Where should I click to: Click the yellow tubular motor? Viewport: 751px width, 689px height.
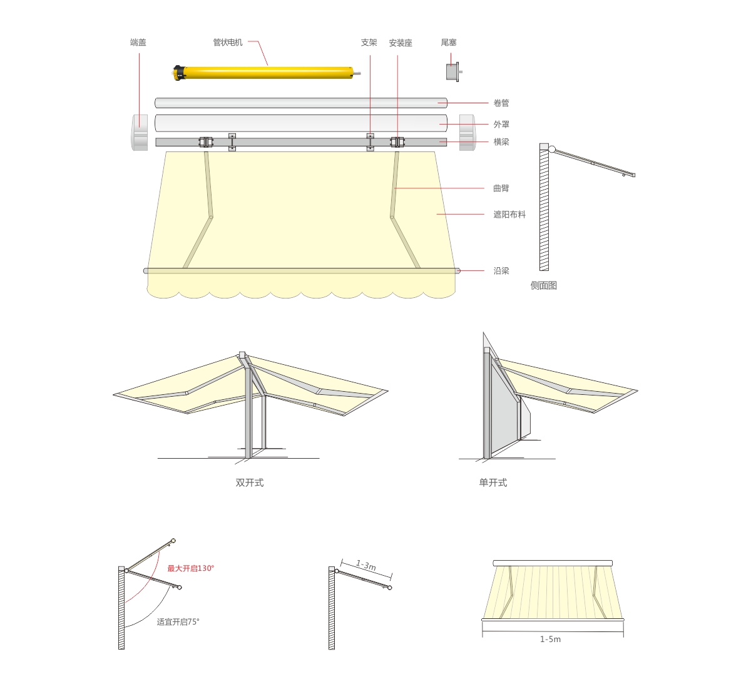pos(267,73)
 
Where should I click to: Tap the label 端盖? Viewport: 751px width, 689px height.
pos(138,43)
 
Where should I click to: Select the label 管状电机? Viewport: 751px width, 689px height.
pos(228,43)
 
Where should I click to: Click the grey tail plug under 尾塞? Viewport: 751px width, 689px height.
pos(453,72)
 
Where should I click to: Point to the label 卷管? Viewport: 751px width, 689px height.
pos(501,103)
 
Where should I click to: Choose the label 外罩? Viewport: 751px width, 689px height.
pos(501,124)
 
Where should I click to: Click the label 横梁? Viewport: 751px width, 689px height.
pos(501,141)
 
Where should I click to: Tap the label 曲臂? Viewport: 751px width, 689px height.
pos(501,188)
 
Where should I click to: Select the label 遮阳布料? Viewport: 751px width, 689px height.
pos(509,214)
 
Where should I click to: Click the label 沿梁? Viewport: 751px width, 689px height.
pos(501,270)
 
